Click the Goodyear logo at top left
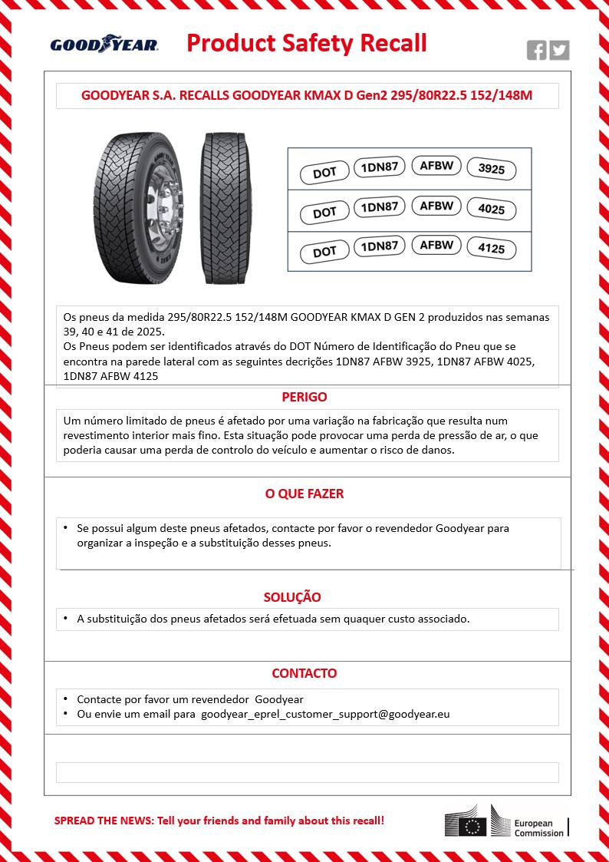[104, 45]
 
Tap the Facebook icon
[537, 51]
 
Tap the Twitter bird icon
[560, 51]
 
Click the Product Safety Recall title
[307, 43]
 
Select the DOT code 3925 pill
[492, 169]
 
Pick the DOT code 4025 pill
[492, 210]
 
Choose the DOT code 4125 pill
[492, 249]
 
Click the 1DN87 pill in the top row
[379, 167]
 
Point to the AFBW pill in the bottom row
[436, 245]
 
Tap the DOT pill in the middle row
[324, 213]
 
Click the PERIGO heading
[304, 397]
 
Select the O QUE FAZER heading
[304, 494]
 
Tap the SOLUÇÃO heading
[292, 596]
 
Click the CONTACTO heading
[304, 673]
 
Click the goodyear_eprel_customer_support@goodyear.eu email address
[325, 714]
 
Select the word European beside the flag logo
[534, 823]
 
